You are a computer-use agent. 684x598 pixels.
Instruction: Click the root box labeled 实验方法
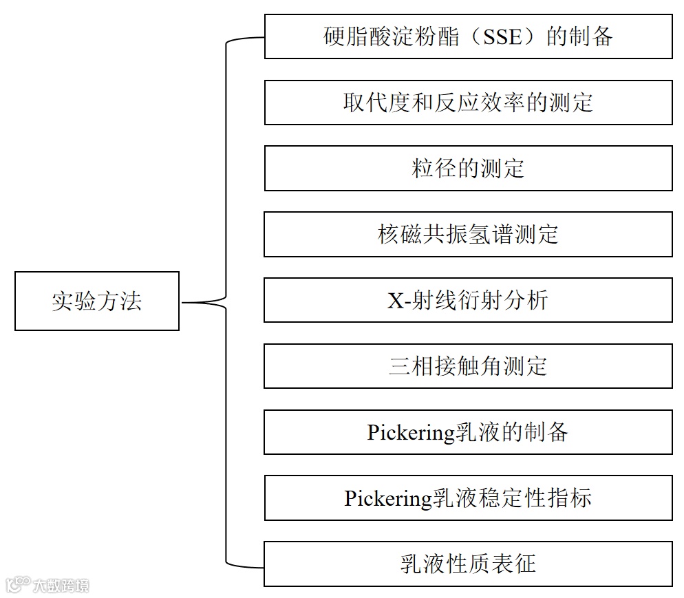coord(97,301)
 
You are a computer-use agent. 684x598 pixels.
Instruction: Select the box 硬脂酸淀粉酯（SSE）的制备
coord(468,36)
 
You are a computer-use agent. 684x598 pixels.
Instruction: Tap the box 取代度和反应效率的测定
coord(468,103)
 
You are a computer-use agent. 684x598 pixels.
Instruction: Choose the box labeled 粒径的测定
coord(468,168)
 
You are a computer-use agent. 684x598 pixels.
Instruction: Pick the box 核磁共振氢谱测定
coord(468,234)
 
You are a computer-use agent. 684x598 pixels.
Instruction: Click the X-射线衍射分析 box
coord(468,300)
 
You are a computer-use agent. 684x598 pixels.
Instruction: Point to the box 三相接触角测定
coord(468,366)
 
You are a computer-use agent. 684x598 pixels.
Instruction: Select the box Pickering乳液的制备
coord(468,432)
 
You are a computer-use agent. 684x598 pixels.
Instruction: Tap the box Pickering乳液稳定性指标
coord(468,498)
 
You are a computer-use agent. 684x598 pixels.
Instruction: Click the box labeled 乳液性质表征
coord(468,564)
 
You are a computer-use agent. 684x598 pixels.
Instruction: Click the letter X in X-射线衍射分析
coord(395,301)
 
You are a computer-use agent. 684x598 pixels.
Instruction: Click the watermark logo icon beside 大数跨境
coord(17,585)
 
